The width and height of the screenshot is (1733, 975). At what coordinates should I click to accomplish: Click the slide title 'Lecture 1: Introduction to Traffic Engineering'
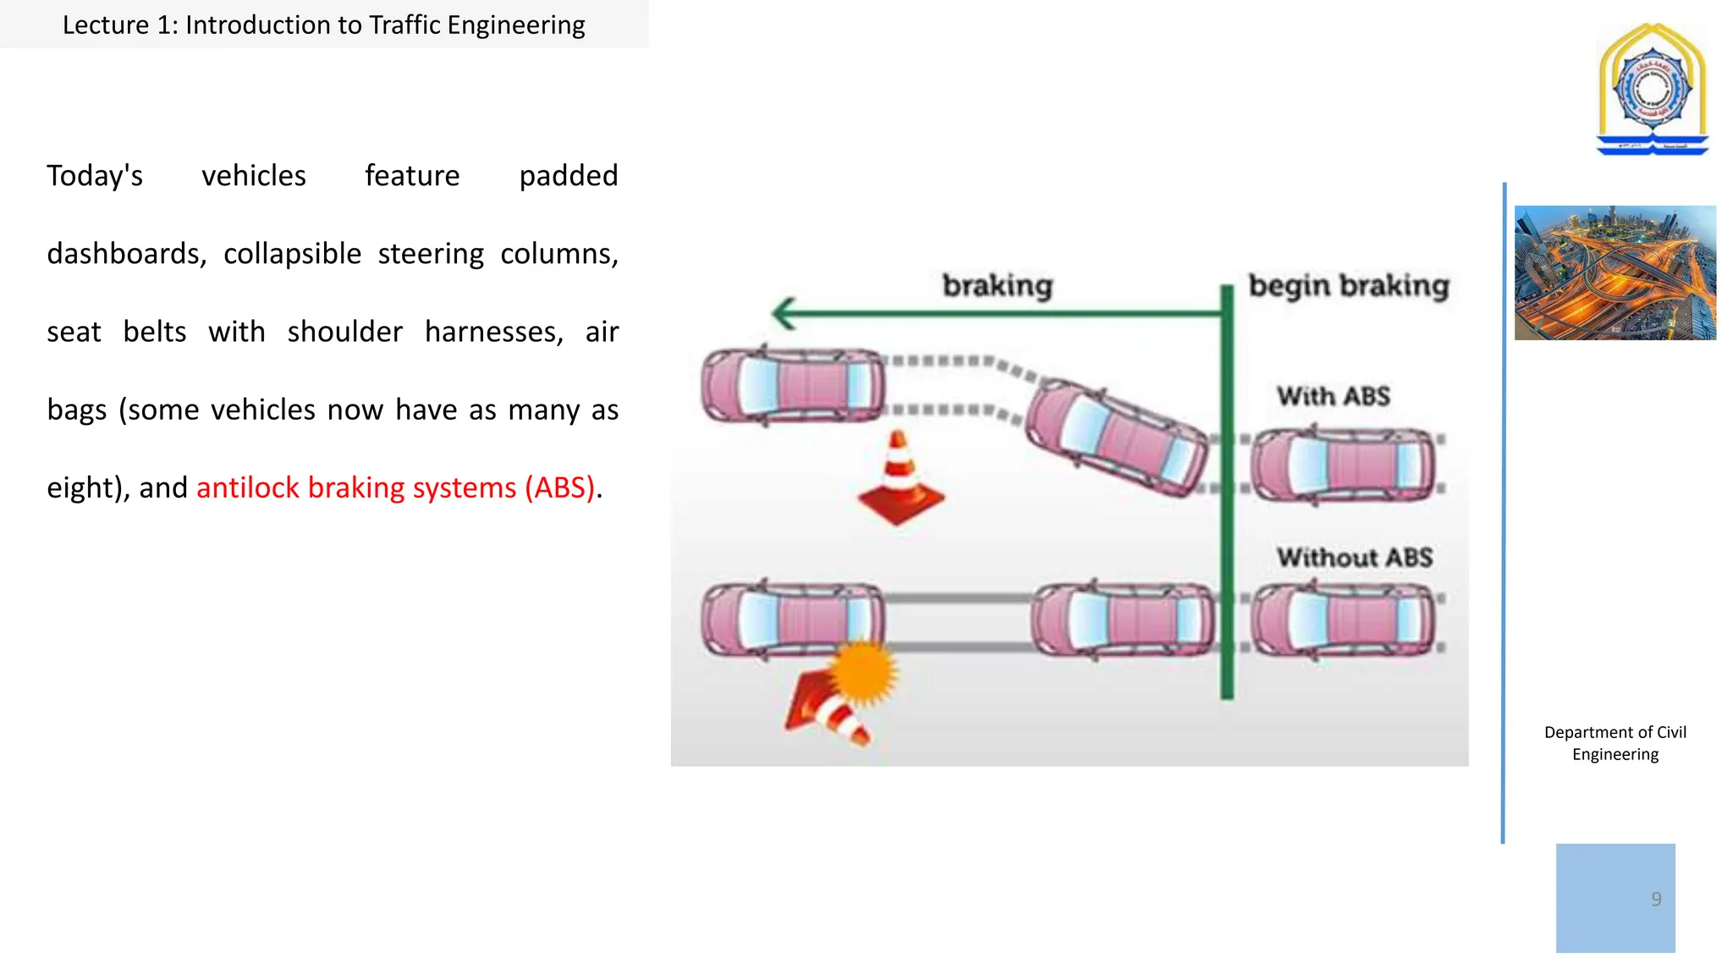[323, 25]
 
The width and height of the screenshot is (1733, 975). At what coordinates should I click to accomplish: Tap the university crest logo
[1652, 89]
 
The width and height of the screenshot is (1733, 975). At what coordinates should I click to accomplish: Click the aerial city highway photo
[1615, 273]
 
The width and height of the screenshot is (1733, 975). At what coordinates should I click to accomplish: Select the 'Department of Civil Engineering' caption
[1615, 743]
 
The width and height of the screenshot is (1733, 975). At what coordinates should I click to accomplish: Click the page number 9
[1656, 899]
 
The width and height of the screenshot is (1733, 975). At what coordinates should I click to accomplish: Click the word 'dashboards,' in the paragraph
[126, 254]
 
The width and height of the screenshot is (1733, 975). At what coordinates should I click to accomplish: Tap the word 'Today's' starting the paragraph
[95, 176]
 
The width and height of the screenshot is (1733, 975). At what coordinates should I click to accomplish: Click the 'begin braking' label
[1349, 286]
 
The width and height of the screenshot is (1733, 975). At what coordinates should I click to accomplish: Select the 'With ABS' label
[1334, 396]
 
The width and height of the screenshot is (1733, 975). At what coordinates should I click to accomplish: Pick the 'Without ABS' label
[1355, 558]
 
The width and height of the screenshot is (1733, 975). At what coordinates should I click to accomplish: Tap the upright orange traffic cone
[900, 478]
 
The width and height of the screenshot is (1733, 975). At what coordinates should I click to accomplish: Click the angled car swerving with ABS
[1117, 438]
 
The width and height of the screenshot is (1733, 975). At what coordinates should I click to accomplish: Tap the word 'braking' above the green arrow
[998, 286]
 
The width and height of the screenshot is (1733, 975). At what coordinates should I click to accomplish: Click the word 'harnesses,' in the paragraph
[494, 332]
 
